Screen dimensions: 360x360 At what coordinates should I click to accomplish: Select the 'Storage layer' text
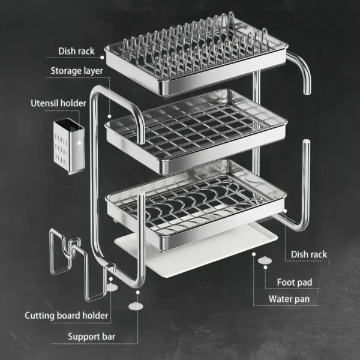[76, 71]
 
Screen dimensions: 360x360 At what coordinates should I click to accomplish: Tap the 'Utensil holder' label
[59, 103]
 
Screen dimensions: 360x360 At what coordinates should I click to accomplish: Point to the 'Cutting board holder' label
[67, 315]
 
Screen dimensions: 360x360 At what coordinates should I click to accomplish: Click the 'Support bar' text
[91, 336]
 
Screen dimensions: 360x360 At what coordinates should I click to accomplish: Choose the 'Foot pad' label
[294, 282]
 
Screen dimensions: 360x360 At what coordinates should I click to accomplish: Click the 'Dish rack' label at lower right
[309, 254]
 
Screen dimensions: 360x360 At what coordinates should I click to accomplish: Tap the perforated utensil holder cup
[67, 147]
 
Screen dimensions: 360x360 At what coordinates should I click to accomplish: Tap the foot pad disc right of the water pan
[265, 260]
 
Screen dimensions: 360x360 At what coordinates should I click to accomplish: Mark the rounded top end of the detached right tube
[306, 144]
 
